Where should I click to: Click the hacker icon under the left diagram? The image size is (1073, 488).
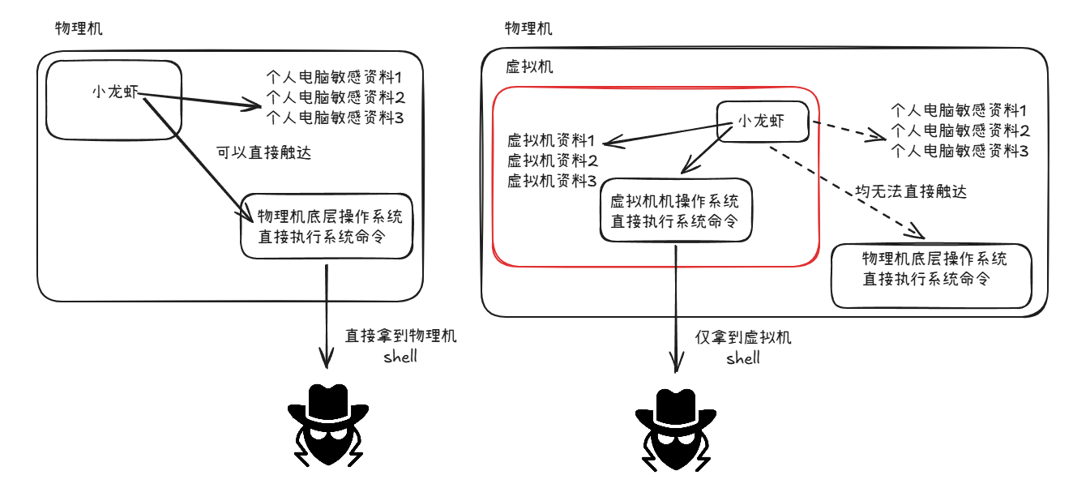[327, 425]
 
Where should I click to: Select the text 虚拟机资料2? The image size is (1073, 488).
[552, 160]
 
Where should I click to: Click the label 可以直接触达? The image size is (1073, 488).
[263, 152]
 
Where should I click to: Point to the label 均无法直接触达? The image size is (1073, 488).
[911, 192]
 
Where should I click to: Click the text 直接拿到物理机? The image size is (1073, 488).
[400, 336]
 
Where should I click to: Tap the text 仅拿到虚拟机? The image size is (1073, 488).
[743, 338]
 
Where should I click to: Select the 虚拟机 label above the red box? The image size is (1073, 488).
[529, 67]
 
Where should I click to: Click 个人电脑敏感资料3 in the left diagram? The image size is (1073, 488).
[335, 118]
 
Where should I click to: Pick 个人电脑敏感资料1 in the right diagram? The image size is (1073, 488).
[960, 109]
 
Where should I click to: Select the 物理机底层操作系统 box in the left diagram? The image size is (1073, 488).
[327, 226]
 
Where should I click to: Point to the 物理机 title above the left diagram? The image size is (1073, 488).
[79, 28]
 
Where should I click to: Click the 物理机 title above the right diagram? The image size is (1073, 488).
[528, 28]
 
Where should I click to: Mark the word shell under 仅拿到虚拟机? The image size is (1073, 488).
[743, 357]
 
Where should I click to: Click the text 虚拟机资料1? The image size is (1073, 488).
[552, 139]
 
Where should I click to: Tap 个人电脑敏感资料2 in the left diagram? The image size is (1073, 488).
[335, 98]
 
